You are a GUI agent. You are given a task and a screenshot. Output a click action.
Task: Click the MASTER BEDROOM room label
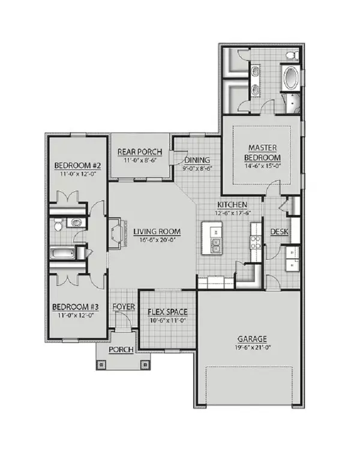click(x=262, y=152)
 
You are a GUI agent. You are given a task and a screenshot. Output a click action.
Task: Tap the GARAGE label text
click(x=252, y=339)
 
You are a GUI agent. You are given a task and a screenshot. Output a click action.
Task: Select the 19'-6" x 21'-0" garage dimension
click(x=252, y=347)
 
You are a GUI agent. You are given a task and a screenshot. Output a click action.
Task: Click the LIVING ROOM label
click(x=157, y=232)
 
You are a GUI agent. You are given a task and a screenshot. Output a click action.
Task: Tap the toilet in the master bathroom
click(x=292, y=55)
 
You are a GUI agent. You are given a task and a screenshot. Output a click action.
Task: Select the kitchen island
click(x=212, y=238)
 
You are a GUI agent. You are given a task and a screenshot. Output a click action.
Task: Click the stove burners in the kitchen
click(x=256, y=243)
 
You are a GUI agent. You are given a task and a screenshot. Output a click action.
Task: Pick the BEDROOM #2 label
click(x=77, y=166)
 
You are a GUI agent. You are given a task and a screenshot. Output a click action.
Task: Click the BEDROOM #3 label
click(x=76, y=307)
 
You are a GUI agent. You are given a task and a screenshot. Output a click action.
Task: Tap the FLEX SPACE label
click(x=167, y=312)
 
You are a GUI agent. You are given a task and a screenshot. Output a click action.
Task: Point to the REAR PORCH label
click(x=140, y=152)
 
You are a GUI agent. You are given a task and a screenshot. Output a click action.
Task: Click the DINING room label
click(x=197, y=160)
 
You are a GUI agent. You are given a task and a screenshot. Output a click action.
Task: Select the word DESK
click(x=279, y=232)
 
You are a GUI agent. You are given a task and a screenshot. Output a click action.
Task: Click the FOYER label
click(x=124, y=307)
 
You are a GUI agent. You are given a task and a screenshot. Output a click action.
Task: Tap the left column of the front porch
click(x=101, y=364)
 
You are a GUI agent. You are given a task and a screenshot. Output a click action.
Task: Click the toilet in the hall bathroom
click(x=58, y=224)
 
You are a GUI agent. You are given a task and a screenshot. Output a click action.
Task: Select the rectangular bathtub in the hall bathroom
click(x=62, y=253)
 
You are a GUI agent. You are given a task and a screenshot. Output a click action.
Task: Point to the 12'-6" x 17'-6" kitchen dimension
click(x=232, y=213)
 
